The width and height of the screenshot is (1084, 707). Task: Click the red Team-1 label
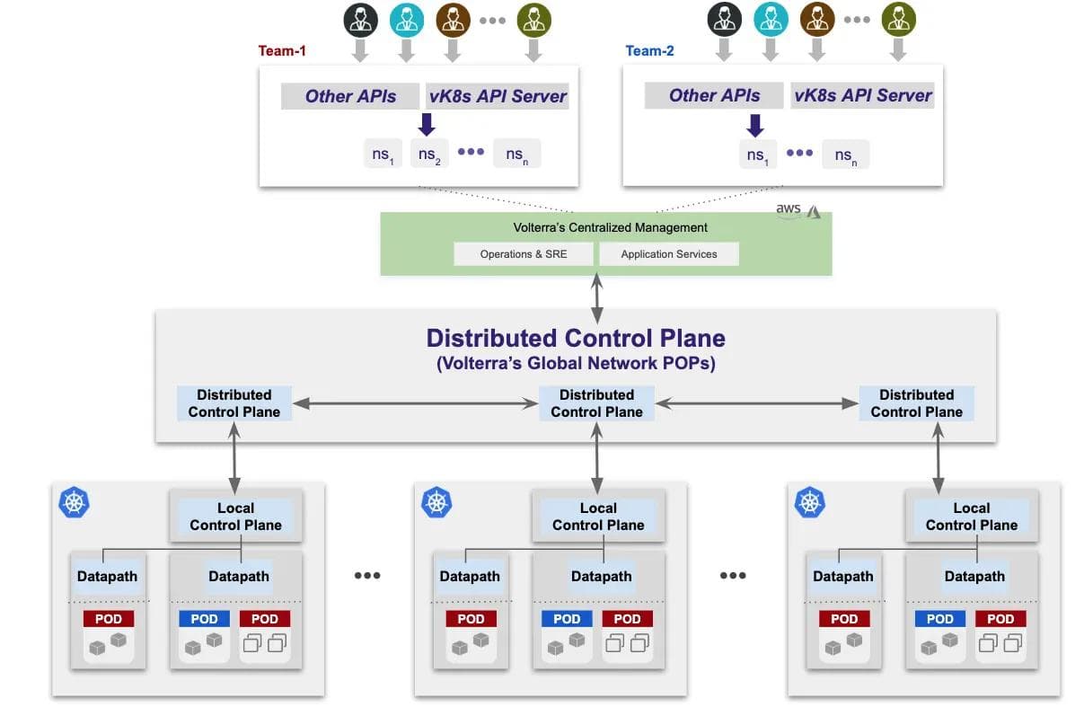tap(282, 51)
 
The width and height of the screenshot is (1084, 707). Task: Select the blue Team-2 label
tap(649, 51)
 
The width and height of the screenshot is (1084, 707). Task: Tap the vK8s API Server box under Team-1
tap(497, 96)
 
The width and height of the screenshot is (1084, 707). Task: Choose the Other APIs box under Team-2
tap(714, 96)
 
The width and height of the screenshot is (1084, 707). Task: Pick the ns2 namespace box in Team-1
tap(430, 154)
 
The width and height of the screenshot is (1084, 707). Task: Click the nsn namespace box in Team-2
tap(845, 155)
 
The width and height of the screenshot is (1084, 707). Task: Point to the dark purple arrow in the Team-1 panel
tap(427, 124)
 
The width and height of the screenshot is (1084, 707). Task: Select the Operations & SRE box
tap(524, 254)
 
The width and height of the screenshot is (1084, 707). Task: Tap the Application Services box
tap(669, 254)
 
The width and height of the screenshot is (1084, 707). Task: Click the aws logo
tap(788, 210)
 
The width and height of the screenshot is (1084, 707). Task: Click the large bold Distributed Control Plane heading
tap(575, 339)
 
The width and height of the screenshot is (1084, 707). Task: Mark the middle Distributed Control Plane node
tap(596, 403)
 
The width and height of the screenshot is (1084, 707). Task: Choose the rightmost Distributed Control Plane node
tap(916, 403)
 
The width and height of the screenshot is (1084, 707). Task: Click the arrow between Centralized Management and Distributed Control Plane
tap(597, 300)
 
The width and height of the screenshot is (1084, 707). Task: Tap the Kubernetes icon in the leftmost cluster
tap(75, 502)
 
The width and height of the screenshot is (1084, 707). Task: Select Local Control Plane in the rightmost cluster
tap(971, 517)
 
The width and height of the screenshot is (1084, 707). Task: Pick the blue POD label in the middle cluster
tap(567, 619)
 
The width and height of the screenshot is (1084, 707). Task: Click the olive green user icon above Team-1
tap(533, 20)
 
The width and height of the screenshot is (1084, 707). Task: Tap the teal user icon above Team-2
tap(771, 20)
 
